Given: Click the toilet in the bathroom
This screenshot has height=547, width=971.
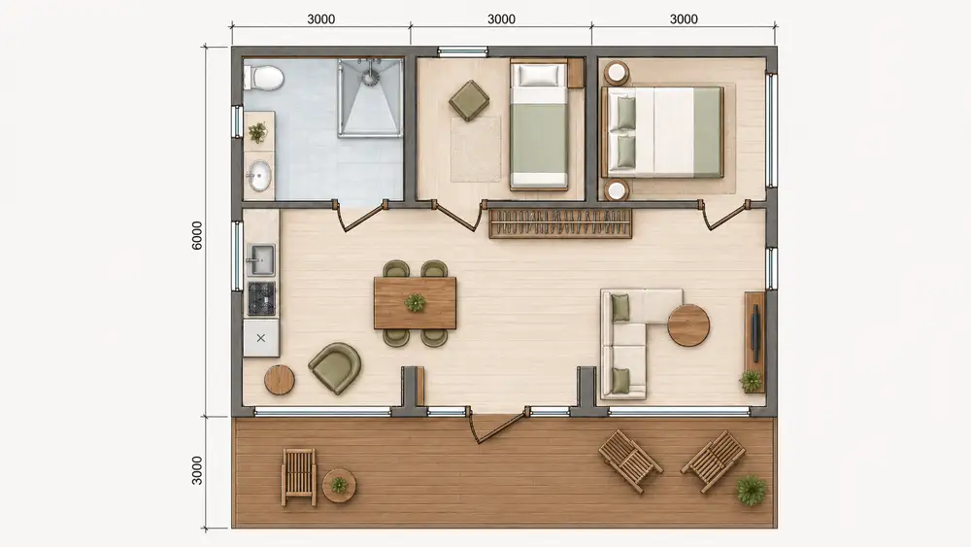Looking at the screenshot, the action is point(264,79).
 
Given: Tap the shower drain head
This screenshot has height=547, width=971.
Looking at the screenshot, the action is point(370,78).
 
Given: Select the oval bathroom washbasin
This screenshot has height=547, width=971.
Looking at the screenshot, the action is point(259,175).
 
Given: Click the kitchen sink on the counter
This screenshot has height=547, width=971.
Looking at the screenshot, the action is point(260,259).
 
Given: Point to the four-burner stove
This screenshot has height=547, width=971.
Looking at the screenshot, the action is point(261,298).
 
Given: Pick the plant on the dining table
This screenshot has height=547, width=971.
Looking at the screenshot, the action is point(415,303).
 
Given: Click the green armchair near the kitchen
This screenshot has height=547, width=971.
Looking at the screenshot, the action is point(335,367).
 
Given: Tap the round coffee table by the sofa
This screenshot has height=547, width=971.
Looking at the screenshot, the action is point(688,325).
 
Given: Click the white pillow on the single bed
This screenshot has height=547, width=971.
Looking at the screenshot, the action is point(538,76).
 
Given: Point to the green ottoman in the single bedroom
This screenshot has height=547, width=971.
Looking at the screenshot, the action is point(469,100).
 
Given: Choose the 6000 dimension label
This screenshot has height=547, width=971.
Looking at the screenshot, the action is point(197,235).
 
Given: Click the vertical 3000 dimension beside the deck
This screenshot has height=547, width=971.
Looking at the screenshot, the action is point(197,470).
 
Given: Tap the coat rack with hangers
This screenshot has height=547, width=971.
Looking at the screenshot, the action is point(560,223).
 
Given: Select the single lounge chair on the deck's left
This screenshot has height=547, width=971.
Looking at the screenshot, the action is point(299,477).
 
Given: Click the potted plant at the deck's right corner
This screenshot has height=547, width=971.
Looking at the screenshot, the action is point(751,490).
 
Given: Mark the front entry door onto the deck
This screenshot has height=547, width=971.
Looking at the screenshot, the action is point(498,427).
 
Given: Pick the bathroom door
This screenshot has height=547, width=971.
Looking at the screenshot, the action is point(360,216).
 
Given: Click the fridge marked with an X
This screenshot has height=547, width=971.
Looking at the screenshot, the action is point(260,337).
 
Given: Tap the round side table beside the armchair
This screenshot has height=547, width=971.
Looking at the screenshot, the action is point(280,380).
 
